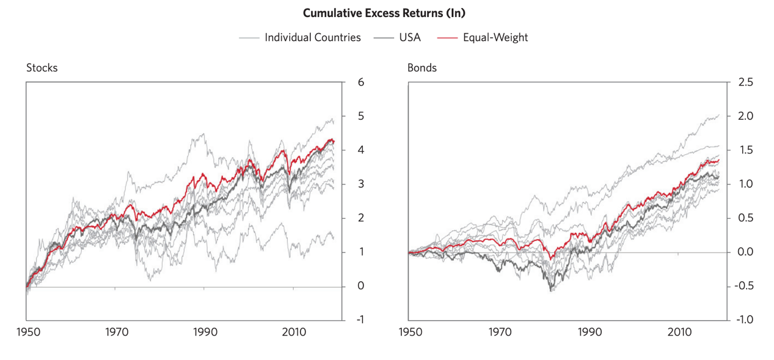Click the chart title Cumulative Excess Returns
click(x=384, y=13)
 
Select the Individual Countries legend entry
click(x=299, y=37)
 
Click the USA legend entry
click(x=397, y=37)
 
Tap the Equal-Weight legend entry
click(x=483, y=37)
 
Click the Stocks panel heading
click(x=42, y=68)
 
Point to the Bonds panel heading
click(x=422, y=68)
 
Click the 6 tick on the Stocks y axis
click(x=361, y=83)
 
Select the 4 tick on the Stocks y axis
click(x=361, y=150)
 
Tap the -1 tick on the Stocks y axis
click(x=360, y=320)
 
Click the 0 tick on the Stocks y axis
click(x=361, y=285)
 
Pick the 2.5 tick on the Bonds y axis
click(x=745, y=83)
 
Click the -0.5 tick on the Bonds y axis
click(x=743, y=285)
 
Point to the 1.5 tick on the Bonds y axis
click(x=745, y=150)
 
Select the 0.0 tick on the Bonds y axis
click(x=745, y=252)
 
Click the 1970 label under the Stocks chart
click(x=117, y=332)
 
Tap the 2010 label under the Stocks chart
click(x=294, y=332)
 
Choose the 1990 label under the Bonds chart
click(x=590, y=332)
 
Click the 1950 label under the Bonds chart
click(x=411, y=332)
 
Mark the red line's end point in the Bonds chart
click(x=719, y=160)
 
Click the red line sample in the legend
click(x=447, y=38)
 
